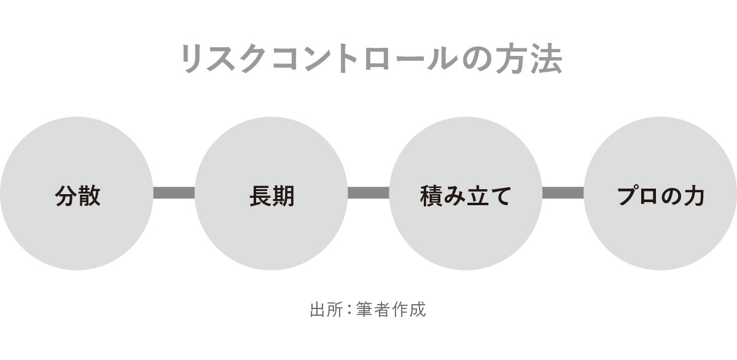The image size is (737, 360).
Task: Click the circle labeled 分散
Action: [x=77, y=194]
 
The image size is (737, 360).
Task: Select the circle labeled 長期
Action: [x=271, y=194]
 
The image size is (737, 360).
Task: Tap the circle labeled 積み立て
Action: [x=466, y=194]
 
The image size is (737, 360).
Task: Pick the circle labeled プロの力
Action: [x=660, y=194]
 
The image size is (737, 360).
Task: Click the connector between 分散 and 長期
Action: [x=174, y=193]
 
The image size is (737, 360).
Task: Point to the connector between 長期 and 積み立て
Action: [x=368, y=193]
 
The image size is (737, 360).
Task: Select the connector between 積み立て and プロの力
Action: [x=563, y=193]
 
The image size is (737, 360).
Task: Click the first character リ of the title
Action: [x=192, y=59]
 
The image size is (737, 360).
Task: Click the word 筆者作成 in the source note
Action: [x=391, y=310]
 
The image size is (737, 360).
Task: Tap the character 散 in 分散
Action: [x=89, y=196]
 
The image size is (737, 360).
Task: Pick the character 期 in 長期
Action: [x=283, y=196]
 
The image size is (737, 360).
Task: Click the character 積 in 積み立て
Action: [x=432, y=196]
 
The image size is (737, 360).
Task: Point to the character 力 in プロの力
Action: [x=693, y=197]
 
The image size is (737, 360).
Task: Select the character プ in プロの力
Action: [x=628, y=196]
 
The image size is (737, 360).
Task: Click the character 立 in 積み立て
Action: [x=477, y=196]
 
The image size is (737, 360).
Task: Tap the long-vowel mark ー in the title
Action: [x=411, y=60]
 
